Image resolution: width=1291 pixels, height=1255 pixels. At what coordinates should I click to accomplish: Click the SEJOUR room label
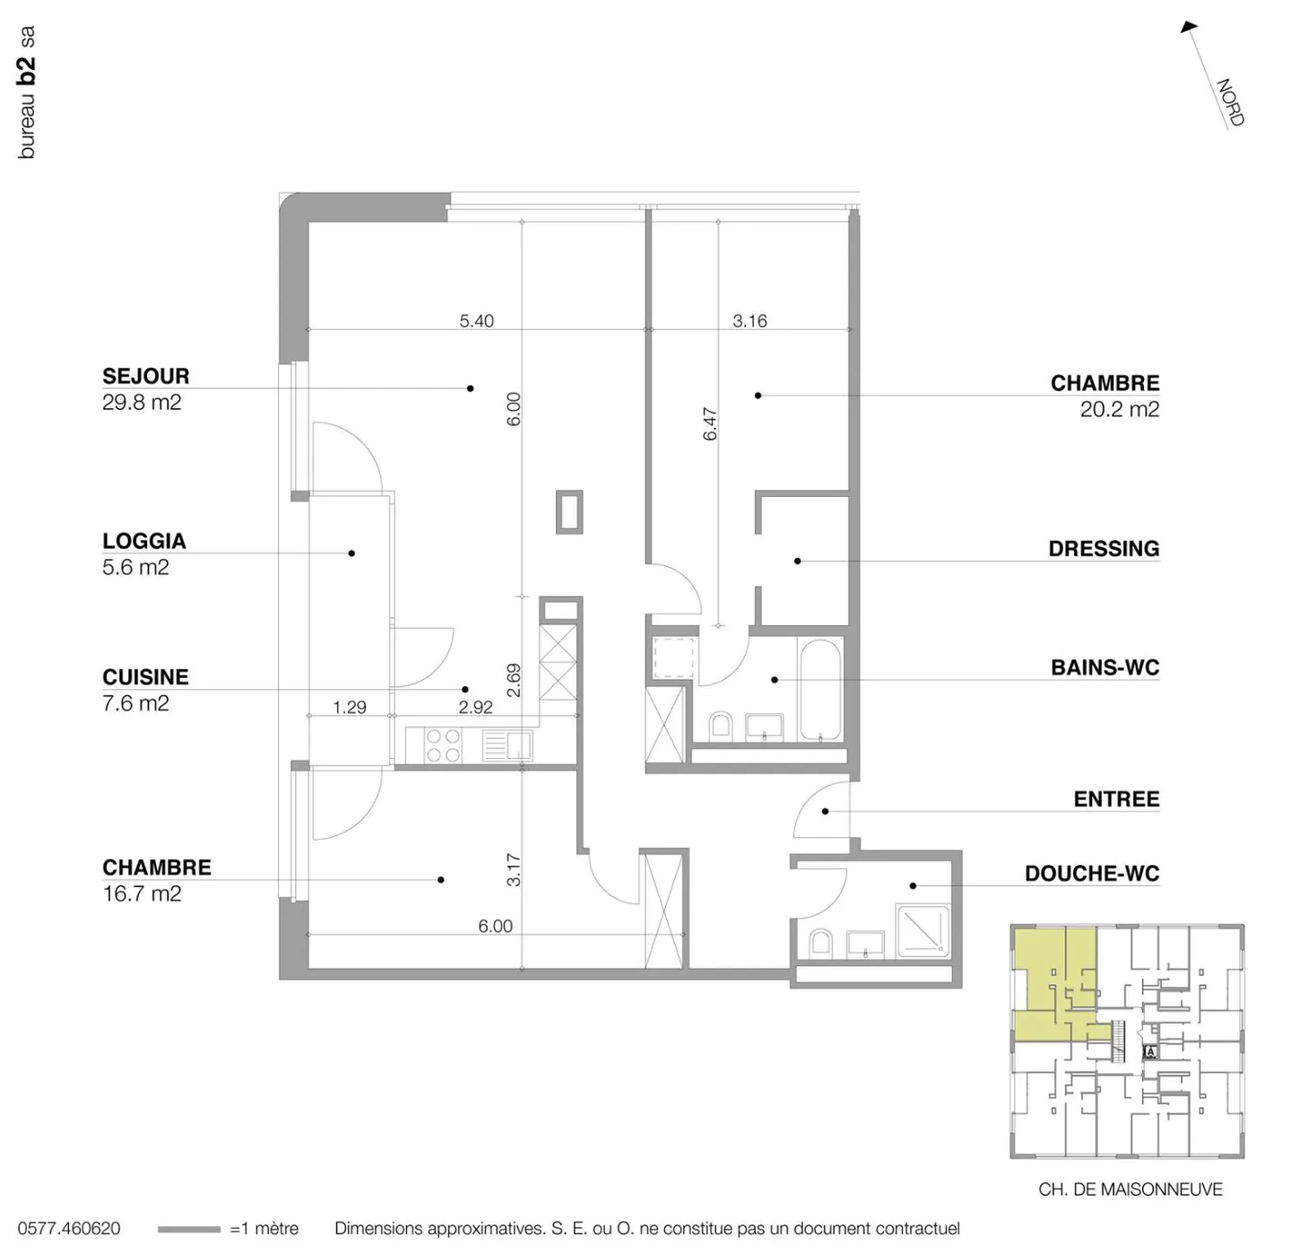pos(146,376)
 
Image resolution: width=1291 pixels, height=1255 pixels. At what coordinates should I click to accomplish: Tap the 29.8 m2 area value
pos(142,402)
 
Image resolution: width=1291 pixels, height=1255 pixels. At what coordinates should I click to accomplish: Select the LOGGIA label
pos(144,541)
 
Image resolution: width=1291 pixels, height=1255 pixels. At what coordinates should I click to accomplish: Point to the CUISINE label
pos(145,677)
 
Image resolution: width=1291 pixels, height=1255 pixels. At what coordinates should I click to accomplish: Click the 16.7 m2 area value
pos(142,893)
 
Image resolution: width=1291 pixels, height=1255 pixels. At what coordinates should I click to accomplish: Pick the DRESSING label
pos(1104,549)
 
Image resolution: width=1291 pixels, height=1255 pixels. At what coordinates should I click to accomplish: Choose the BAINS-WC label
pos(1105,667)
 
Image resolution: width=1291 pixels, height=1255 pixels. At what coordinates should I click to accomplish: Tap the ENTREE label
pos(1116,799)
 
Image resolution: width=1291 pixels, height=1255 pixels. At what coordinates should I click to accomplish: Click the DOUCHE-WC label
pos(1092,874)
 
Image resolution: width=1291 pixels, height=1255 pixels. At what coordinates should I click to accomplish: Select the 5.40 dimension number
pos(476,321)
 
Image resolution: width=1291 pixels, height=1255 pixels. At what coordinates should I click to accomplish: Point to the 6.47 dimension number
pos(710,424)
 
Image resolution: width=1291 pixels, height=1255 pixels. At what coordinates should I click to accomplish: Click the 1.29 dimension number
pos(349,708)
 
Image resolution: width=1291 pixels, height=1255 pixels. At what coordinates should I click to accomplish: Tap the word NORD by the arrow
pos(1231,102)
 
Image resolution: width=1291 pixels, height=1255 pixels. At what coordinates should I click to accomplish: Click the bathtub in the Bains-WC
pos(820,690)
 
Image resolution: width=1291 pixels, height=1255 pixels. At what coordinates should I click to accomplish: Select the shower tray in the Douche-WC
pos(923,929)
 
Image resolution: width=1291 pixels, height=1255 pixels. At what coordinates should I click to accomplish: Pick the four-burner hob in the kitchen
pos(443,745)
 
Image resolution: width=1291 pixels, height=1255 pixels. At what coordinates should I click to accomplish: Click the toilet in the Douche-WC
pos(820,944)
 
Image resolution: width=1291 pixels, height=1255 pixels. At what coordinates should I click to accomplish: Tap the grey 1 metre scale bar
pos(189,1230)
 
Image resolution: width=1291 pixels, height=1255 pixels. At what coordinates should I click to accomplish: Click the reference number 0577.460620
pos(69,1228)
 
